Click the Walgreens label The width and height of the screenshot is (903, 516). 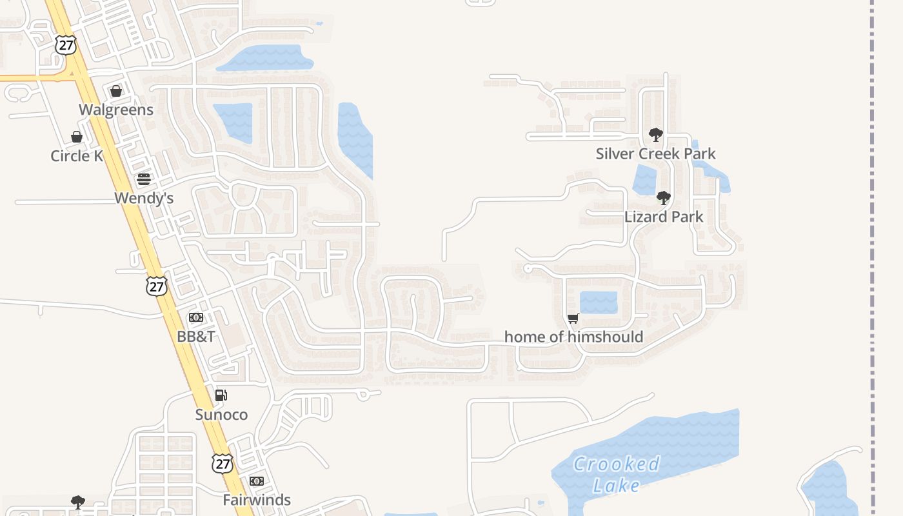pos(116,110)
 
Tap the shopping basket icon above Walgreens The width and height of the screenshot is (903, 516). pos(116,91)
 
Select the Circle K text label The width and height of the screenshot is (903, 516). pos(77,156)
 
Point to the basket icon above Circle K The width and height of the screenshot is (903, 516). pos(77,137)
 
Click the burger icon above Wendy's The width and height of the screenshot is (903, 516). pos(144,179)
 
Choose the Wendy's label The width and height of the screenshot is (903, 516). pos(144,198)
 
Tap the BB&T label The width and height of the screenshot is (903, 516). pos(196,337)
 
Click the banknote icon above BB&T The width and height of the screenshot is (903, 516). pos(196,317)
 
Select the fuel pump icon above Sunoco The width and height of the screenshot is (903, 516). pos(221,395)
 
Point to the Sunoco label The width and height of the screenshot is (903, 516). pos(221,415)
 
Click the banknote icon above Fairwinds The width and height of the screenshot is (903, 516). pos(257,481)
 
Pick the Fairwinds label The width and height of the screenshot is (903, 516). pos(257,500)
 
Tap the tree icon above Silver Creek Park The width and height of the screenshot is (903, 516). pos(656,135)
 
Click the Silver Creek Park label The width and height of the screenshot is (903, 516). pos(656,154)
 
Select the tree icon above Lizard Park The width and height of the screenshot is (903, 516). pos(663,198)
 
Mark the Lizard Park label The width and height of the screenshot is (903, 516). pos(664,217)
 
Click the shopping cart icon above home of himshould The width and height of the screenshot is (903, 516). pos(573,318)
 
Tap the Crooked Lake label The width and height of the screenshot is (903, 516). pos(616,474)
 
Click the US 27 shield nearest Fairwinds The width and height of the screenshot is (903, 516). pos(222,462)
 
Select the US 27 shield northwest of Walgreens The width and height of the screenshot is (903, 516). pos(65,45)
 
